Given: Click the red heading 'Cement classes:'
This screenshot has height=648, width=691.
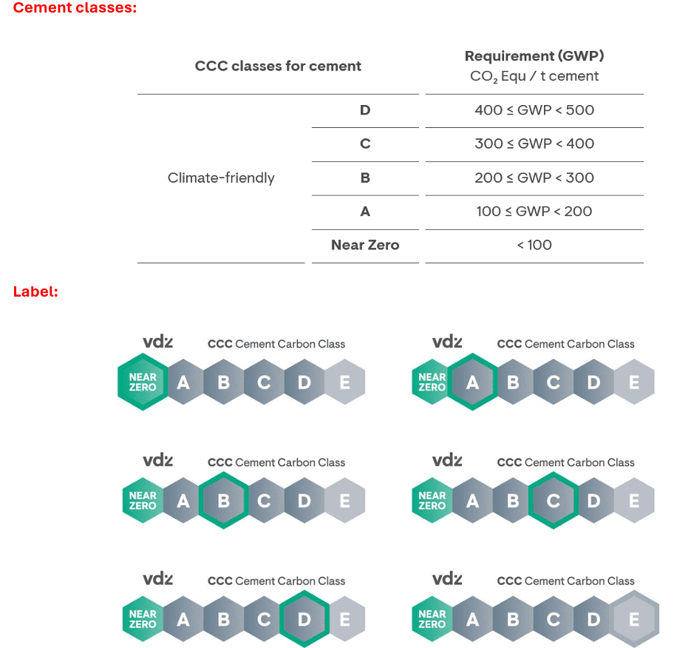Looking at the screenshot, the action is [x=75, y=8].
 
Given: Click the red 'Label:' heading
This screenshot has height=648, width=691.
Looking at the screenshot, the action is [x=35, y=291].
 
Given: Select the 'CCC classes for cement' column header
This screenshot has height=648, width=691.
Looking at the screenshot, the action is [x=278, y=66].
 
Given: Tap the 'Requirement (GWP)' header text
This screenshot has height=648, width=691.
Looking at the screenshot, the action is [x=534, y=56].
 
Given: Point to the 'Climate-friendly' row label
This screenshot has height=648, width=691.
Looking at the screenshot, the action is [x=221, y=178].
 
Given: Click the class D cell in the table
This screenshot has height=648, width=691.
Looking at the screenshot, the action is [x=365, y=109].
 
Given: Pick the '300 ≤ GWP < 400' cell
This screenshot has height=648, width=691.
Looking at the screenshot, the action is [x=534, y=144].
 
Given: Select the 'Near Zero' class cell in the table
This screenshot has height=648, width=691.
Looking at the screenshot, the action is [x=365, y=246].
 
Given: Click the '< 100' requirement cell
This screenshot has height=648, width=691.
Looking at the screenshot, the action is [x=534, y=246].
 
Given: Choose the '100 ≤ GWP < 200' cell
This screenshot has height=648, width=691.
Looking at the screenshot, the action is [x=534, y=212].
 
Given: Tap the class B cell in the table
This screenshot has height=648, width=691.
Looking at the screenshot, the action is [x=365, y=178].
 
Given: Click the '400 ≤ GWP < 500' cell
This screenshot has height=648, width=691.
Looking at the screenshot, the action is [x=534, y=109].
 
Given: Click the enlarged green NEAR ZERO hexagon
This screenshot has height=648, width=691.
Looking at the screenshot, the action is [x=143, y=382].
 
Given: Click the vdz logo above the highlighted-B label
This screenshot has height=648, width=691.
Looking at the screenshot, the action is [x=157, y=461].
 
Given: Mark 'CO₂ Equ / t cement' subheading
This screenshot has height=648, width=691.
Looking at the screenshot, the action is [x=534, y=76].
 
